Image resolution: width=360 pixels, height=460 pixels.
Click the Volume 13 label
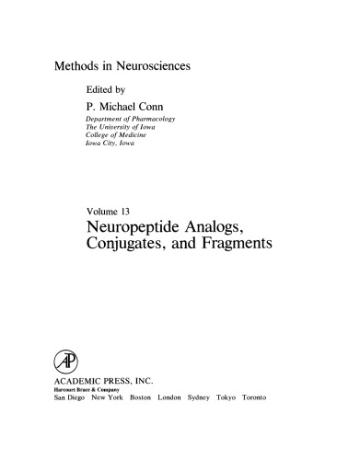(x=110, y=203)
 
